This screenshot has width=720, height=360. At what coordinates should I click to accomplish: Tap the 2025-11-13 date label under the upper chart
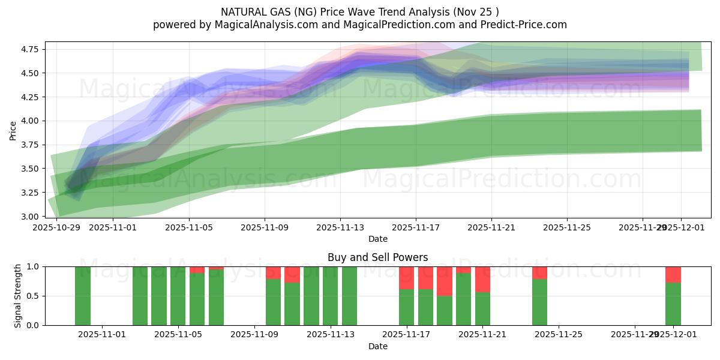click(340, 228)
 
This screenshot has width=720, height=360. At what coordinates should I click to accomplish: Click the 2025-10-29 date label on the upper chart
click(56, 228)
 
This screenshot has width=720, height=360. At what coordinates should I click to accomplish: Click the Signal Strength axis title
click(18, 296)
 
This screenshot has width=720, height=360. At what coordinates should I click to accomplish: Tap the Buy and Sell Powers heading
click(377, 257)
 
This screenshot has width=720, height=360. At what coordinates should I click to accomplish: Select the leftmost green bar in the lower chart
click(83, 296)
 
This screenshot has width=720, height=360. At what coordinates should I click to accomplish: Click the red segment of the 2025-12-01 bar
click(673, 275)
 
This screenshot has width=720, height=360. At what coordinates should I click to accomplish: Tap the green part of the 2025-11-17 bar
click(406, 307)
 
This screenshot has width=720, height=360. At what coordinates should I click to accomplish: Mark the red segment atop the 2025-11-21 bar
click(482, 280)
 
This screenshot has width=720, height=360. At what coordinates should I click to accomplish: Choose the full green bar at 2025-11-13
click(330, 296)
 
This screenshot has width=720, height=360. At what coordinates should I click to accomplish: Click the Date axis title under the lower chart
click(377, 347)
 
